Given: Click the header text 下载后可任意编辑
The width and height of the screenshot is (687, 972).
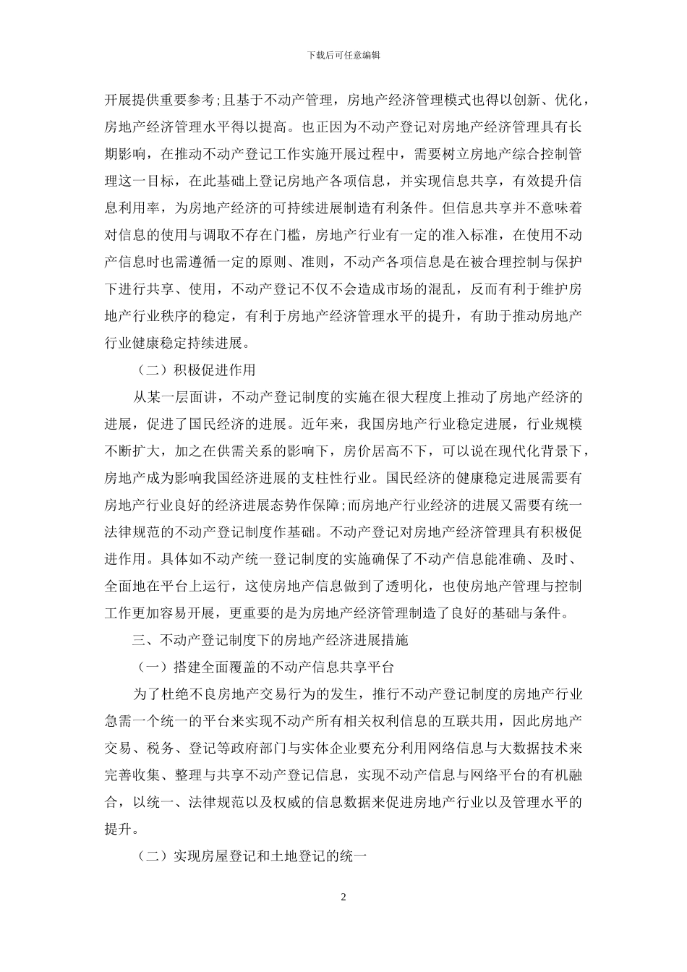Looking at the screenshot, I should click(343, 54).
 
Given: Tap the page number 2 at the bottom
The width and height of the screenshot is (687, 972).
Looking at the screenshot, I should click(343, 898).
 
